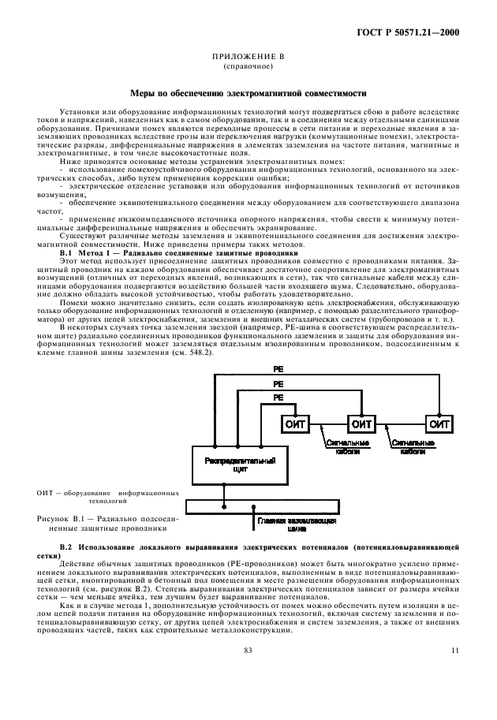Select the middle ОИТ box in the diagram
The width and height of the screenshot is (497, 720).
[362, 424]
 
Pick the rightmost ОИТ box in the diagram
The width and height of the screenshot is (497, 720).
[438, 424]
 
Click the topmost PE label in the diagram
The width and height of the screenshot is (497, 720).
[278, 368]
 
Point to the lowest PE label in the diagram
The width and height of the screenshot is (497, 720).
[278, 398]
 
